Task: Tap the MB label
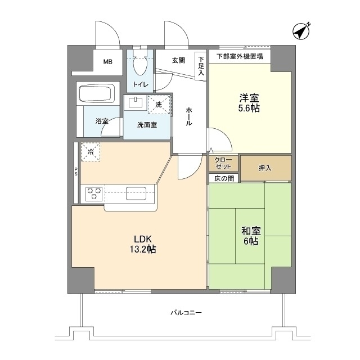coord(107,62)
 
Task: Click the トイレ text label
coord(141,85)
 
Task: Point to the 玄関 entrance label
coord(178,60)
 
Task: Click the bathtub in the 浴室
coord(96,94)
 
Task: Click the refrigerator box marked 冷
coord(91,151)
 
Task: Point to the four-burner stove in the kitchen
coord(94,194)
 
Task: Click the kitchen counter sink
coord(137,193)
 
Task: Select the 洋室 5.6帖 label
coord(248,102)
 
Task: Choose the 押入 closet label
coord(265,168)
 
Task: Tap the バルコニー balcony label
coord(186,313)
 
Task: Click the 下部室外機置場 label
coord(240,56)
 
